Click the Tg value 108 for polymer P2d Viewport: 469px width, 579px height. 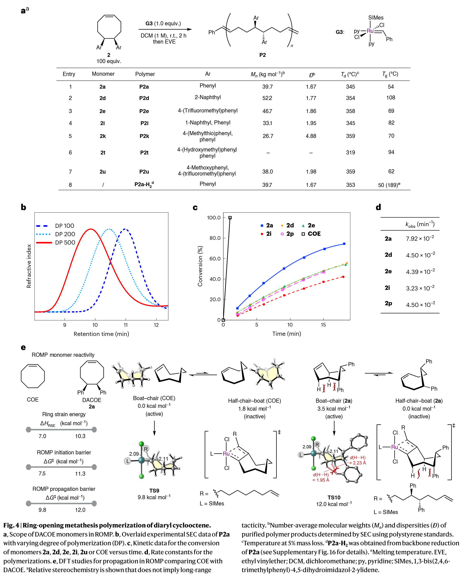pos(391,98)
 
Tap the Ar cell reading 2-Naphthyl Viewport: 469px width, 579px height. pos(207,97)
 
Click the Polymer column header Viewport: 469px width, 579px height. pos(145,74)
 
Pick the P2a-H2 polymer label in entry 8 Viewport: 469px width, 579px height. pos(144,185)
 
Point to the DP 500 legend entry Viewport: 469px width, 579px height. pos(65,242)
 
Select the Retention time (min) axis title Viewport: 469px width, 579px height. pos(101,334)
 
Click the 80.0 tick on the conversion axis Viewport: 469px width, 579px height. pos(215,238)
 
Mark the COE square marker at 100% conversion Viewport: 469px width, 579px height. pos(230,218)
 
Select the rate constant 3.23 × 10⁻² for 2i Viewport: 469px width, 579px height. pos(420,288)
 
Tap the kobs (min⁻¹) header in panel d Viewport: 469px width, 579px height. pos(420,224)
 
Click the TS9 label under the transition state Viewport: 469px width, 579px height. pos(154,491)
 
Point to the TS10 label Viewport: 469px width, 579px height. pos(334,497)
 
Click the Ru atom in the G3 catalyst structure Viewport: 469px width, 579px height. pos(370,31)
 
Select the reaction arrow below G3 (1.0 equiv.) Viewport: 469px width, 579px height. pos(165,29)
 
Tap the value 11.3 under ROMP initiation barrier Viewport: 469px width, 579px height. pos(80,474)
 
